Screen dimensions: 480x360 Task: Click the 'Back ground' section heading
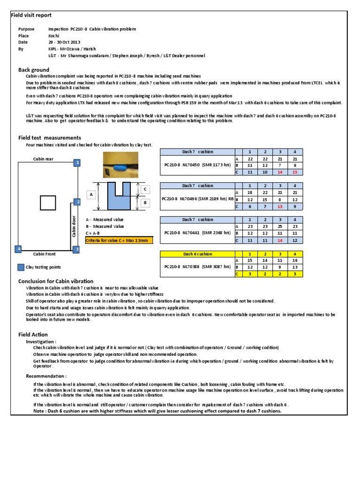pos(34,70)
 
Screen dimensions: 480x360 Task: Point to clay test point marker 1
pos(77,163)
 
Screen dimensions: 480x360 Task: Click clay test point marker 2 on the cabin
pos(77,202)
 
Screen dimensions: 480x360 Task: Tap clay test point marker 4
pos(18,249)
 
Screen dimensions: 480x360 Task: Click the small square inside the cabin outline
pos(47,202)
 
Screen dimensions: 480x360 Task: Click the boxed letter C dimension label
pos(145,188)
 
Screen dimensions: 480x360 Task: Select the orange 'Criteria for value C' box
pos(119,240)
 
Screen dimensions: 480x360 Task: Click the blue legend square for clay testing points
pos(21,268)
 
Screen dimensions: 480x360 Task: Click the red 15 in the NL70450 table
pos(295,172)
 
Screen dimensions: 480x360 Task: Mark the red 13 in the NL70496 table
pos(280,206)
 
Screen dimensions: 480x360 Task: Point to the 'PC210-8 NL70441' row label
pos(196,232)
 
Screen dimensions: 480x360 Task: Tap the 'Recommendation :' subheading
pos(46,376)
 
